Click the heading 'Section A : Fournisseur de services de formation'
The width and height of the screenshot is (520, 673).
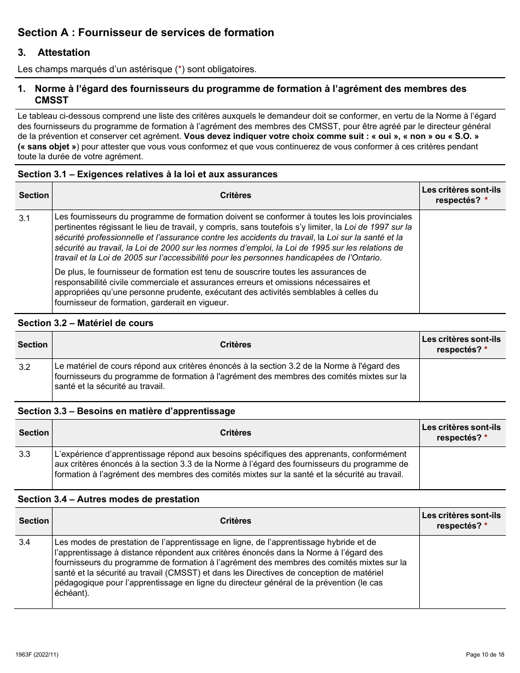146,33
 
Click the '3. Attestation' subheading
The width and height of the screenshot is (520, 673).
63,53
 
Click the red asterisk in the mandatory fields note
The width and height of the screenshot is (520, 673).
180,69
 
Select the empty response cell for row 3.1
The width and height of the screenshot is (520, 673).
462,262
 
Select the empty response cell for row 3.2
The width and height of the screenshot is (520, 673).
462,380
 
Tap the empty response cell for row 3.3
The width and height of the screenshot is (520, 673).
462,468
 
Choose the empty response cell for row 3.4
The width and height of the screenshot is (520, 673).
462,572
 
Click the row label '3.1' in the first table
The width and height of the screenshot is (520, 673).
25,218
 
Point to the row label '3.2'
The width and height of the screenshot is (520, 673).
25,367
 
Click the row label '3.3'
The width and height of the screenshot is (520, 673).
25,455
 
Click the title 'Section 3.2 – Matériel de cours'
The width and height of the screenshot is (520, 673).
85,323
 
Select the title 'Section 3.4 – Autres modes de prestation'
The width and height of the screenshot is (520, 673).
108,500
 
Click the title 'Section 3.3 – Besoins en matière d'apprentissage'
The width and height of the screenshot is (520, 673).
126,411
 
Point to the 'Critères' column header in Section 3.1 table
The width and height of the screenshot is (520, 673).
235,195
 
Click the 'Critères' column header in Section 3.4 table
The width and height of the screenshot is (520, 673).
235,521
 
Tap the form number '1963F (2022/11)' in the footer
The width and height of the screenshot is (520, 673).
39,654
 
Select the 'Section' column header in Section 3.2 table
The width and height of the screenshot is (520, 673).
33,345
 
